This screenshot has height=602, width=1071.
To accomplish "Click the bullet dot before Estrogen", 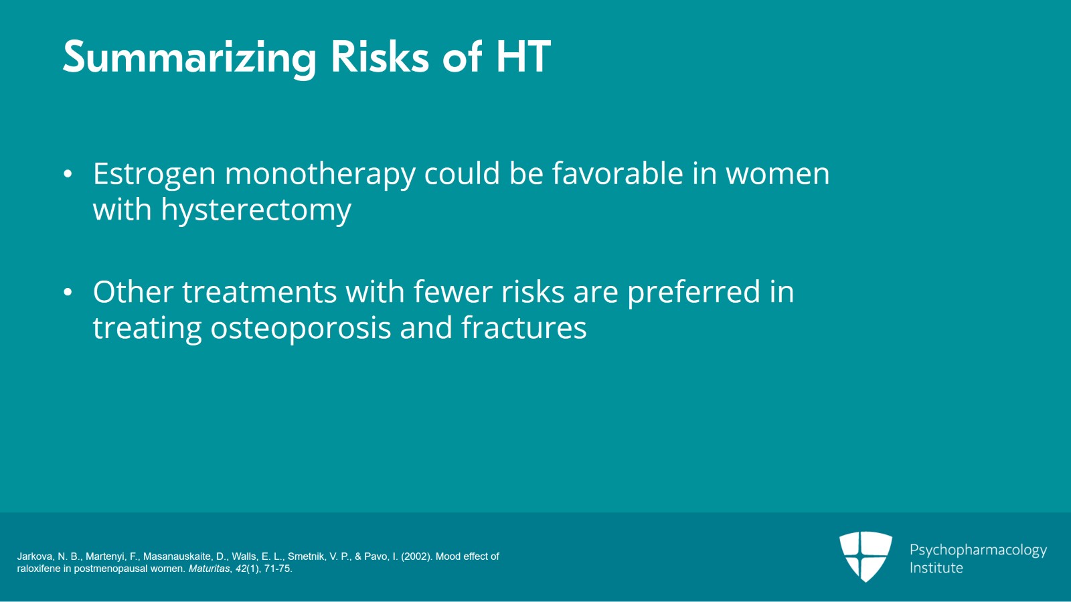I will (x=68, y=174).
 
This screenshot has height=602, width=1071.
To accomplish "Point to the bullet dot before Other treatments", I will (x=68, y=293).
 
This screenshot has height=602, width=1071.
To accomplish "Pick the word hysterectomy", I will (x=256, y=211).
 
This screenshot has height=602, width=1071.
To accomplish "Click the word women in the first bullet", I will (x=778, y=174).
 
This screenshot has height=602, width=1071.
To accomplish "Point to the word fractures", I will (x=523, y=328).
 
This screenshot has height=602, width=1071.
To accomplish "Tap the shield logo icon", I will (x=866, y=556).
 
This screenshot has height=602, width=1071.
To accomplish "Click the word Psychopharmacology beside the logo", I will (x=978, y=550).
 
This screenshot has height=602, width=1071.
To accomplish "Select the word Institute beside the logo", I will (x=936, y=568).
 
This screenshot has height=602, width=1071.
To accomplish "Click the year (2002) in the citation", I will (x=417, y=556).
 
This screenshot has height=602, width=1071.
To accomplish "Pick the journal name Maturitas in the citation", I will (x=209, y=569).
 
